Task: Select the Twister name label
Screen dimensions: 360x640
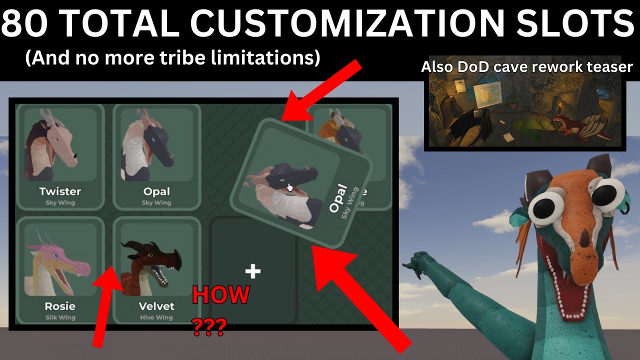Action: point(60,191)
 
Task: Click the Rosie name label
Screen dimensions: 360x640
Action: point(60,306)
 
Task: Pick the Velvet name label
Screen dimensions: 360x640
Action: point(156,306)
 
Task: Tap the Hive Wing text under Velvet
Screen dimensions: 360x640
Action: point(156,317)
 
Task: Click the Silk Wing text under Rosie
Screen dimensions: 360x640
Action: point(60,317)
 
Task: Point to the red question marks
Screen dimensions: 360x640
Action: point(209,328)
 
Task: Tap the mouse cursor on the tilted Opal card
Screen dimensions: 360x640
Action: point(289,187)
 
